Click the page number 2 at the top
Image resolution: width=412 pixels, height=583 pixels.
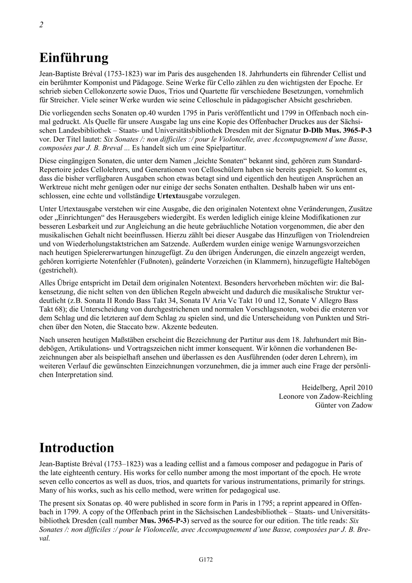point(41,25)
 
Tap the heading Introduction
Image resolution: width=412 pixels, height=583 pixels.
point(76,448)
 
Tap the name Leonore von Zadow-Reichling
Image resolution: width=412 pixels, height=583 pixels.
point(326,396)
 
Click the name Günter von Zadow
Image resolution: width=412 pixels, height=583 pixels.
point(344,405)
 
